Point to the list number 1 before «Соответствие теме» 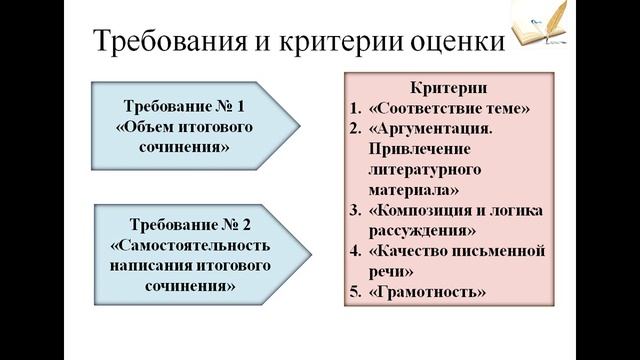point(355,109)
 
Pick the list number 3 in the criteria point(355,211)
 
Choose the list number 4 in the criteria point(355,251)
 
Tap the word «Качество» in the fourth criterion point(410,251)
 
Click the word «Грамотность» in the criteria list point(428,292)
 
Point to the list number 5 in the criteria point(355,292)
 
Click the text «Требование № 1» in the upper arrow point(183,106)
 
